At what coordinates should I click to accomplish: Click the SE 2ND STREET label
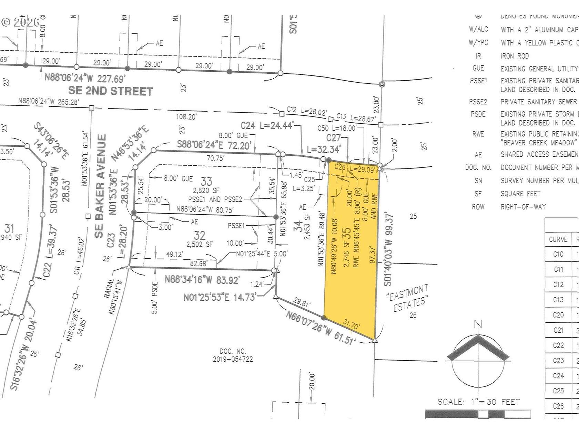coord(110,91)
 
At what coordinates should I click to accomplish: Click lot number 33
coord(206,181)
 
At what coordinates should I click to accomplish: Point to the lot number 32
coord(200,235)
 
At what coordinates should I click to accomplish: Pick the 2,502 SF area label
coord(200,244)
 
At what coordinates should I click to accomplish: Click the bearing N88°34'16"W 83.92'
coord(202,279)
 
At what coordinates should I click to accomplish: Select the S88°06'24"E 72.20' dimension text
coord(214,144)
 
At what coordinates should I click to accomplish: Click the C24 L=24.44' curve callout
coord(267,125)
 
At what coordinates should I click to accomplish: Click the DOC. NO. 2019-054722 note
coord(233,355)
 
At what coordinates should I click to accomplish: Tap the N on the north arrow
coord(478,324)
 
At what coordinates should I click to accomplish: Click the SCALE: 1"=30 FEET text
coord(479,402)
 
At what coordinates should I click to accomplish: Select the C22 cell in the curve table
coord(558,345)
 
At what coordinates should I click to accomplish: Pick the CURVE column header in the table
coord(558,239)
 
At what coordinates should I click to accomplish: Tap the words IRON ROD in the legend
coord(515,56)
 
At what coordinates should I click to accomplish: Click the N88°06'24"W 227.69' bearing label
coord(85,78)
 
